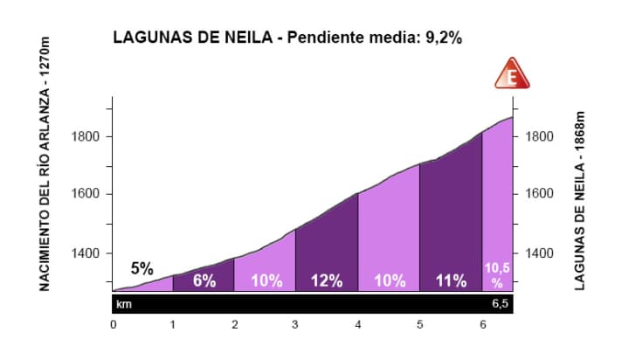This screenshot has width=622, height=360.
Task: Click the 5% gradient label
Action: click(x=142, y=268)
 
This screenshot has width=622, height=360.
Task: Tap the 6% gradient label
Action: click(x=204, y=280)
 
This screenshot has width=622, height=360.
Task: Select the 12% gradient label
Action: click(x=327, y=280)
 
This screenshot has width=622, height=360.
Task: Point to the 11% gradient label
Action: click(x=451, y=280)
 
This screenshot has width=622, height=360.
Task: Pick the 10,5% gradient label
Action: click(x=497, y=275)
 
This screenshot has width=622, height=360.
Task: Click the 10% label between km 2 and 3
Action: click(x=266, y=280)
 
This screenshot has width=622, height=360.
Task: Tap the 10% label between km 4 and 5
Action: click(x=389, y=280)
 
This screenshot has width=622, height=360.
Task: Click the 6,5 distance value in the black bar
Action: click(x=500, y=304)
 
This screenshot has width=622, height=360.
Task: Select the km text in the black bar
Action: click(x=125, y=304)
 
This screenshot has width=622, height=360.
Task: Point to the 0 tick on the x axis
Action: click(x=113, y=325)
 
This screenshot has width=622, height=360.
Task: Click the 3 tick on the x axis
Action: click(x=296, y=325)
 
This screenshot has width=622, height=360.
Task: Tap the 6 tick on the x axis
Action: click(x=482, y=325)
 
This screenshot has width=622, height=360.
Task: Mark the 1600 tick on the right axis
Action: click(x=541, y=194)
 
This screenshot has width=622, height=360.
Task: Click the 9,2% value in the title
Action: click(x=441, y=38)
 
